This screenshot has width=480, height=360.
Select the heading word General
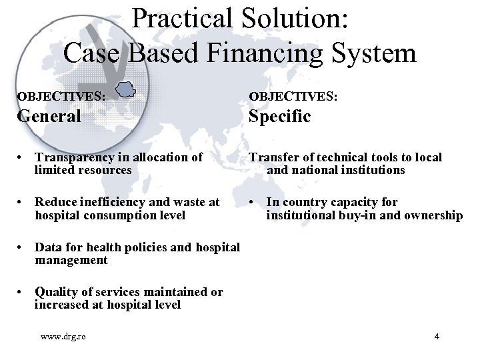click(49, 117)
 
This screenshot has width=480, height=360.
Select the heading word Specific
click(279, 117)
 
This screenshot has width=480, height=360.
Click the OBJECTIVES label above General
click(61, 96)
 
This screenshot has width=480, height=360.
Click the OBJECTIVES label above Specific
click(293, 96)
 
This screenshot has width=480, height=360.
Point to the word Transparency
click(75, 157)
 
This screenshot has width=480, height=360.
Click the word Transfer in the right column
click(272, 157)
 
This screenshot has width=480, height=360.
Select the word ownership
click(433, 215)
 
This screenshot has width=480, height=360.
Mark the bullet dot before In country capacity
click(251, 203)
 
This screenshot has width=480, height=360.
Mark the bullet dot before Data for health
click(22, 248)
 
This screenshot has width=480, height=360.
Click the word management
click(71, 261)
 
